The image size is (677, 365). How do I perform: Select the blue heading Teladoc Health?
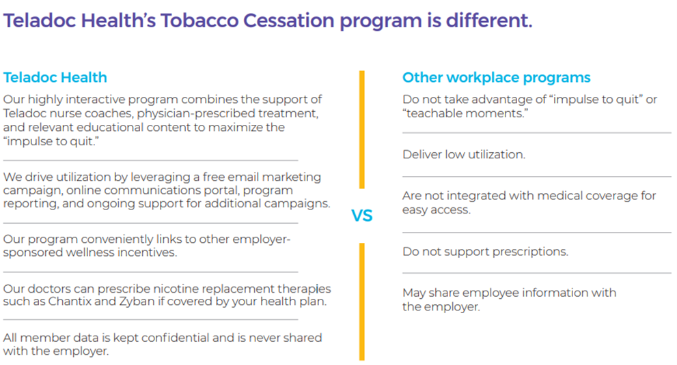(x=55, y=77)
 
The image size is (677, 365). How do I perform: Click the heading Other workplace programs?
(x=496, y=77)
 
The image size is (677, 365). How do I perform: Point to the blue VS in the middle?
(x=362, y=216)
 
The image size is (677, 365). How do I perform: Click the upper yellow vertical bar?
(x=362, y=130)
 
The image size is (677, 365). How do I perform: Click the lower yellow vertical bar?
(x=362, y=302)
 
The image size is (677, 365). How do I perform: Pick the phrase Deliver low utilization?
(x=464, y=154)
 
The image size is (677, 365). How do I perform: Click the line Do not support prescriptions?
(x=485, y=252)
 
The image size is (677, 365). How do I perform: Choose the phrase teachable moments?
(x=465, y=113)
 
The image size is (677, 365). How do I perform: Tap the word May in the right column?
(x=413, y=293)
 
